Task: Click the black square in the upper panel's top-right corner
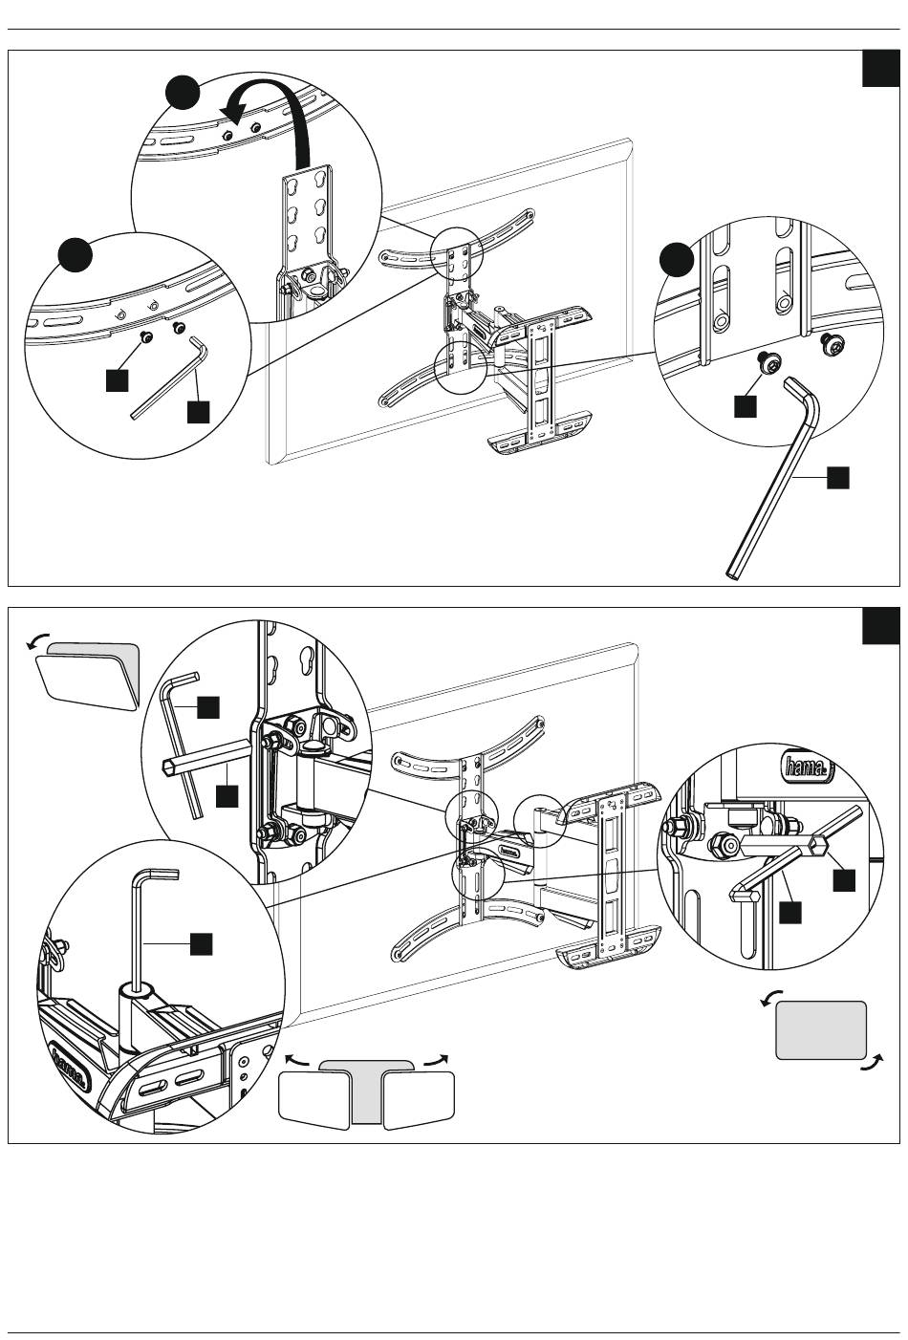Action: tap(880, 68)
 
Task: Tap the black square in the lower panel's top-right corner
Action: tap(880, 626)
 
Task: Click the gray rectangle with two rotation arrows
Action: tap(821, 1030)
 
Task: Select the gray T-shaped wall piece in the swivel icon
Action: tap(365, 1082)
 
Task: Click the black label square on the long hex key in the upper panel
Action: tap(838, 478)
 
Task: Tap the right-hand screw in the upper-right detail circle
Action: tap(829, 345)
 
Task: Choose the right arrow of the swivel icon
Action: tap(436, 1060)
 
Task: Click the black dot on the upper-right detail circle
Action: tap(677, 260)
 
